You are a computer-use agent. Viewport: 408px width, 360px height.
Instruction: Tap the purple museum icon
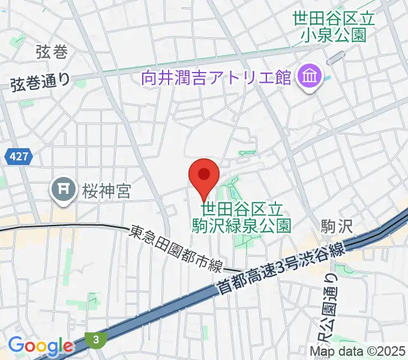coord(310,77)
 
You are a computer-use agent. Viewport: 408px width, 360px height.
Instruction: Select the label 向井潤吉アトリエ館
coord(216,77)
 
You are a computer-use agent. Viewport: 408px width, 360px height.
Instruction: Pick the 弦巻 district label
coord(52,52)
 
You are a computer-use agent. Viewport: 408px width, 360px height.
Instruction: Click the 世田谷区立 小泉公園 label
coord(334,26)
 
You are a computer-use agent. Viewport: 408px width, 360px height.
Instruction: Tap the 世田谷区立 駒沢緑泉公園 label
coord(241,217)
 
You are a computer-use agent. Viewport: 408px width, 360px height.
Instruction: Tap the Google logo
coord(40,346)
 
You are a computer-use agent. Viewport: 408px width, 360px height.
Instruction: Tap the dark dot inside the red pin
coord(204,174)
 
